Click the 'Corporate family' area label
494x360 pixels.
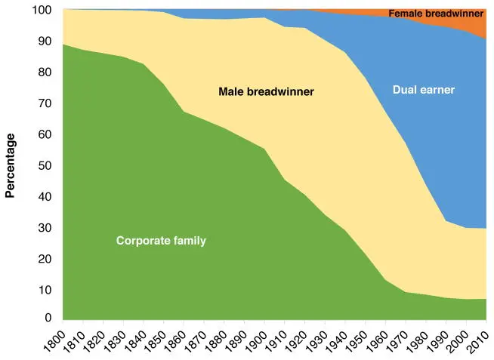tap(161, 241)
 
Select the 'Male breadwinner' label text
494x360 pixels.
tap(266, 92)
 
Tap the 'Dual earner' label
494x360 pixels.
tap(422, 90)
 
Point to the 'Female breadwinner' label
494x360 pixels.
tap(436, 14)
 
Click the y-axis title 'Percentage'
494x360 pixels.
tap(11, 165)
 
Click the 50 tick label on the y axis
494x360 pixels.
tap(45, 165)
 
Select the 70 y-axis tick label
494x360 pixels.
tap(45, 103)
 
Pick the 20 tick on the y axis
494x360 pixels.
tap(45, 258)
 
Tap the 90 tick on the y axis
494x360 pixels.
tap(45, 42)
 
